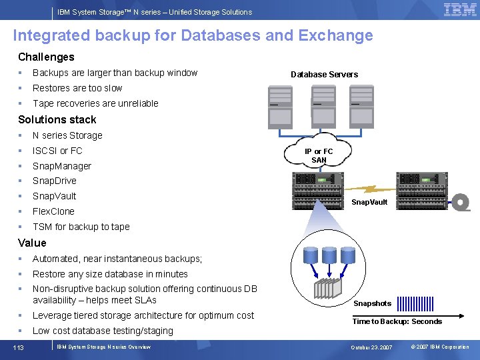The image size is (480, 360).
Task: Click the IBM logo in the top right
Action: coord(460,10)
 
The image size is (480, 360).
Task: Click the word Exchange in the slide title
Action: coord(336,35)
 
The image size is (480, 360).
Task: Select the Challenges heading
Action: coord(46,57)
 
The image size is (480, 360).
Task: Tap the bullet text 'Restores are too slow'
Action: coord(77,88)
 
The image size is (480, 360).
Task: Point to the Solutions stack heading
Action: coord(57,120)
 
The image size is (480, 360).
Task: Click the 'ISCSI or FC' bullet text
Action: coord(57,151)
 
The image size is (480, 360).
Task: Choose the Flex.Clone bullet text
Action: coord(53,211)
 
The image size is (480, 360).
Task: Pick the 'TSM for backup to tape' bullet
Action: coord(81,227)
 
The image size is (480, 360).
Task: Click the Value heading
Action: coord(32,243)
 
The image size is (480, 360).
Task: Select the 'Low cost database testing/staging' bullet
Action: coord(103,331)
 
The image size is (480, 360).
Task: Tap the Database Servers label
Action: coord(324,75)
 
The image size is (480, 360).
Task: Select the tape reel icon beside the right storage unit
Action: coord(460,202)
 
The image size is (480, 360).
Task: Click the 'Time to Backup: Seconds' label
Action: coord(397,321)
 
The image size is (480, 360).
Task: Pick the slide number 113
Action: coord(19,347)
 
